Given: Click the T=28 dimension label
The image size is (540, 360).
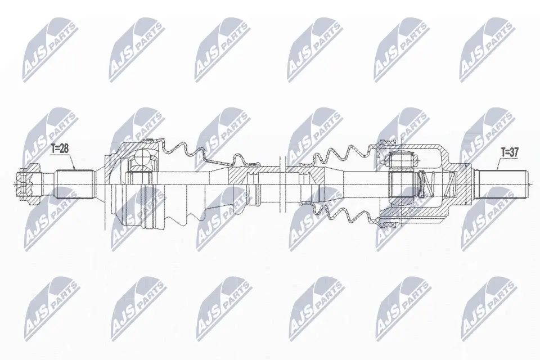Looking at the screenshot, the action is [x=60, y=149].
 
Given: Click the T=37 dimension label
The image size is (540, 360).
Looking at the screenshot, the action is [x=510, y=152].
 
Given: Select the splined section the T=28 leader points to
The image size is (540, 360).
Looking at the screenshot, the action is [x=75, y=184].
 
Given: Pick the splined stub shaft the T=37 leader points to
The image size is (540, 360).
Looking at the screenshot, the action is [x=502, y=184].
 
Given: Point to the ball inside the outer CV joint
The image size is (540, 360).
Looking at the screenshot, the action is [x=142, y=157].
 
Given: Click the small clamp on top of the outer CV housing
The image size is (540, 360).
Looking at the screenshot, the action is [x=148, y=139].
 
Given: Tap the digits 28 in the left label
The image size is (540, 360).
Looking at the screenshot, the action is [x=64, y=149].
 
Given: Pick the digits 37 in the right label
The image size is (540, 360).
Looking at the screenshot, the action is [x=514, y=152].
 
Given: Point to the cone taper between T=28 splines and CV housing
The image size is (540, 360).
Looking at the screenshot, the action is [x=100, y=184].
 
